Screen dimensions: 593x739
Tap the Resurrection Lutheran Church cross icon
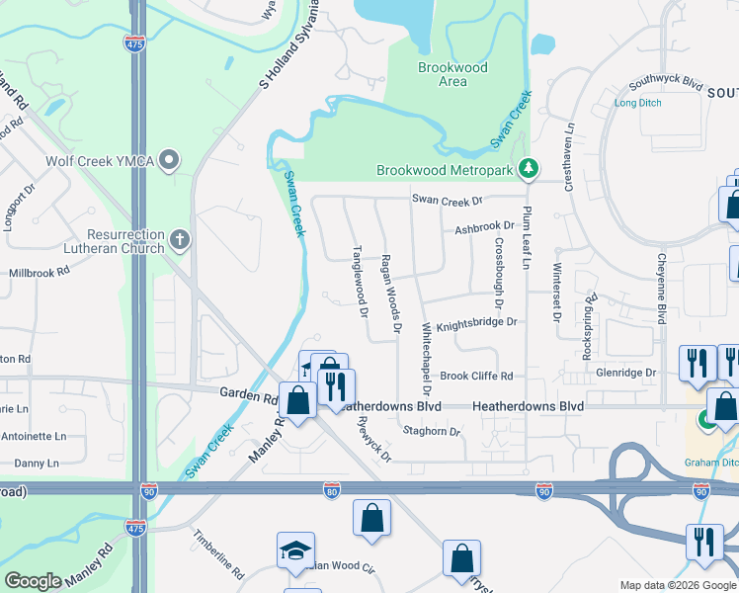(179, 239)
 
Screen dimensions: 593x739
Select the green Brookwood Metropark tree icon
(530, 170)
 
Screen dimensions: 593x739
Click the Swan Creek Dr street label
(447, 200)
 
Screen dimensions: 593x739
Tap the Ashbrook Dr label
(484, 228)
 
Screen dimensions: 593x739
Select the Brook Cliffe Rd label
(476, 376)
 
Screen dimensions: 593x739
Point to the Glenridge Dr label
(625, 373)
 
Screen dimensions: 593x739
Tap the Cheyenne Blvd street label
(660, 287)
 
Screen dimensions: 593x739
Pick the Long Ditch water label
(638, 103)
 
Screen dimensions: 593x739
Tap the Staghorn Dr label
(433, 432)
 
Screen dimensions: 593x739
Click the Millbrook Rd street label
(37, 272)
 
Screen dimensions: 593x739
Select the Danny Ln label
(37, 463)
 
